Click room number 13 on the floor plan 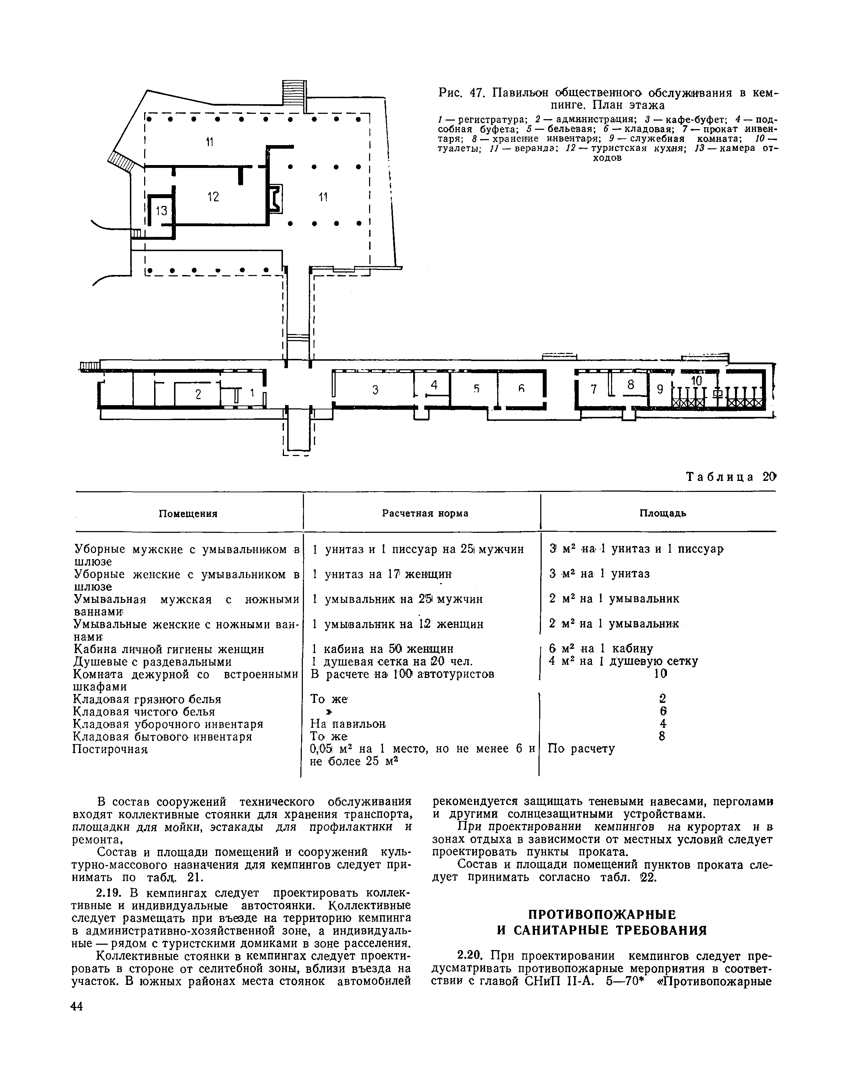pos(161,211)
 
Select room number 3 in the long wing pos(375,390)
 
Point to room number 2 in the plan pos(198,394)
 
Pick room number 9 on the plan pos(659,389)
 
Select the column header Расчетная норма pos(425,514)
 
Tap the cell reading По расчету pos(581,749)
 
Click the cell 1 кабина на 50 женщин pos(382,649)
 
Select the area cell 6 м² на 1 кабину pos(600,649)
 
